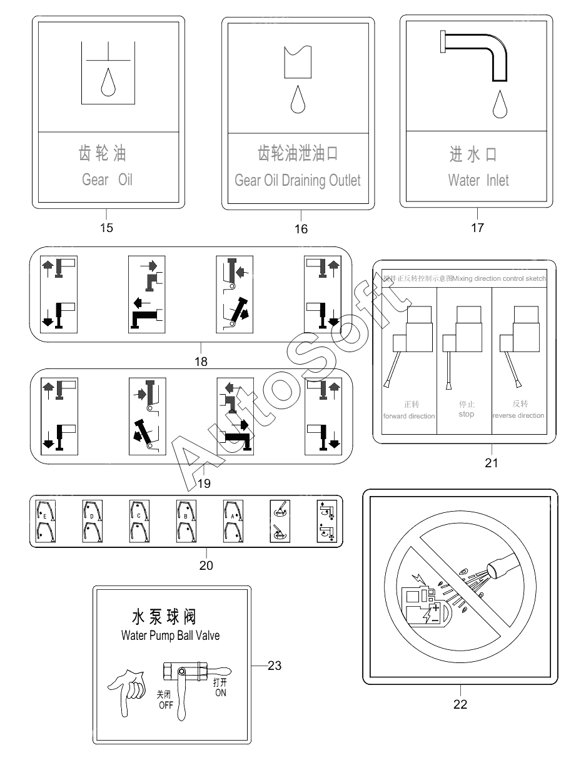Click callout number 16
[301, 229]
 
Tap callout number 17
[477, 228]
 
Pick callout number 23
[275, 666]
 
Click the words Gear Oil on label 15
[107, 180]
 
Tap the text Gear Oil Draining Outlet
[298, 181]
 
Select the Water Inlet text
[478, 181]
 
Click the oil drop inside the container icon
[109, 82]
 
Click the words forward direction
[408, 416]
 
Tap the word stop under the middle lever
[466, 415]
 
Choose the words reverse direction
[518, 415]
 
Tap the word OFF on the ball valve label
[165, 706]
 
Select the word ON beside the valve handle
[221, 693]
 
